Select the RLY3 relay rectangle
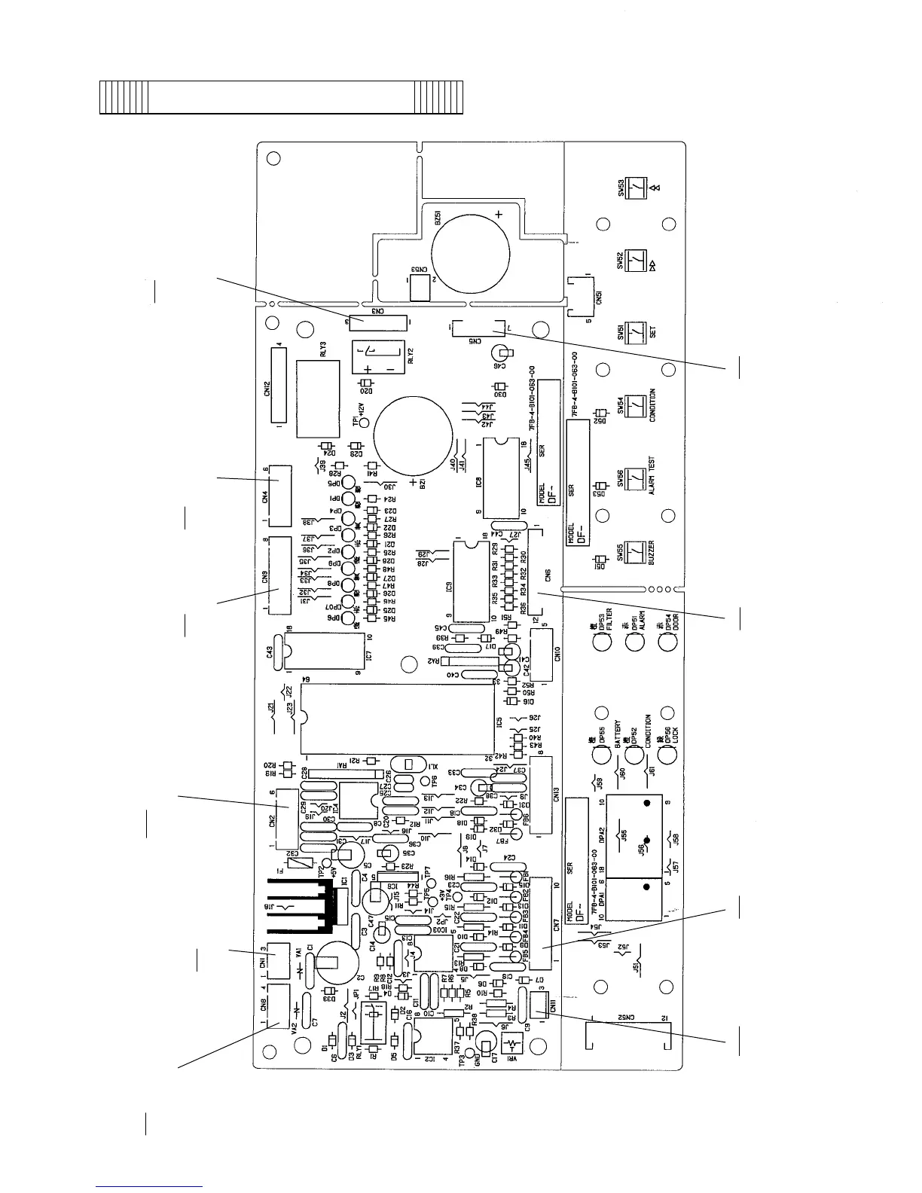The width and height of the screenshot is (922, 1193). [x=318, y=398]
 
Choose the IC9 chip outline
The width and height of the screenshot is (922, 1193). [x=471, y=580]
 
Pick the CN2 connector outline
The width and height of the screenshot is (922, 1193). [x=286, y=819]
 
